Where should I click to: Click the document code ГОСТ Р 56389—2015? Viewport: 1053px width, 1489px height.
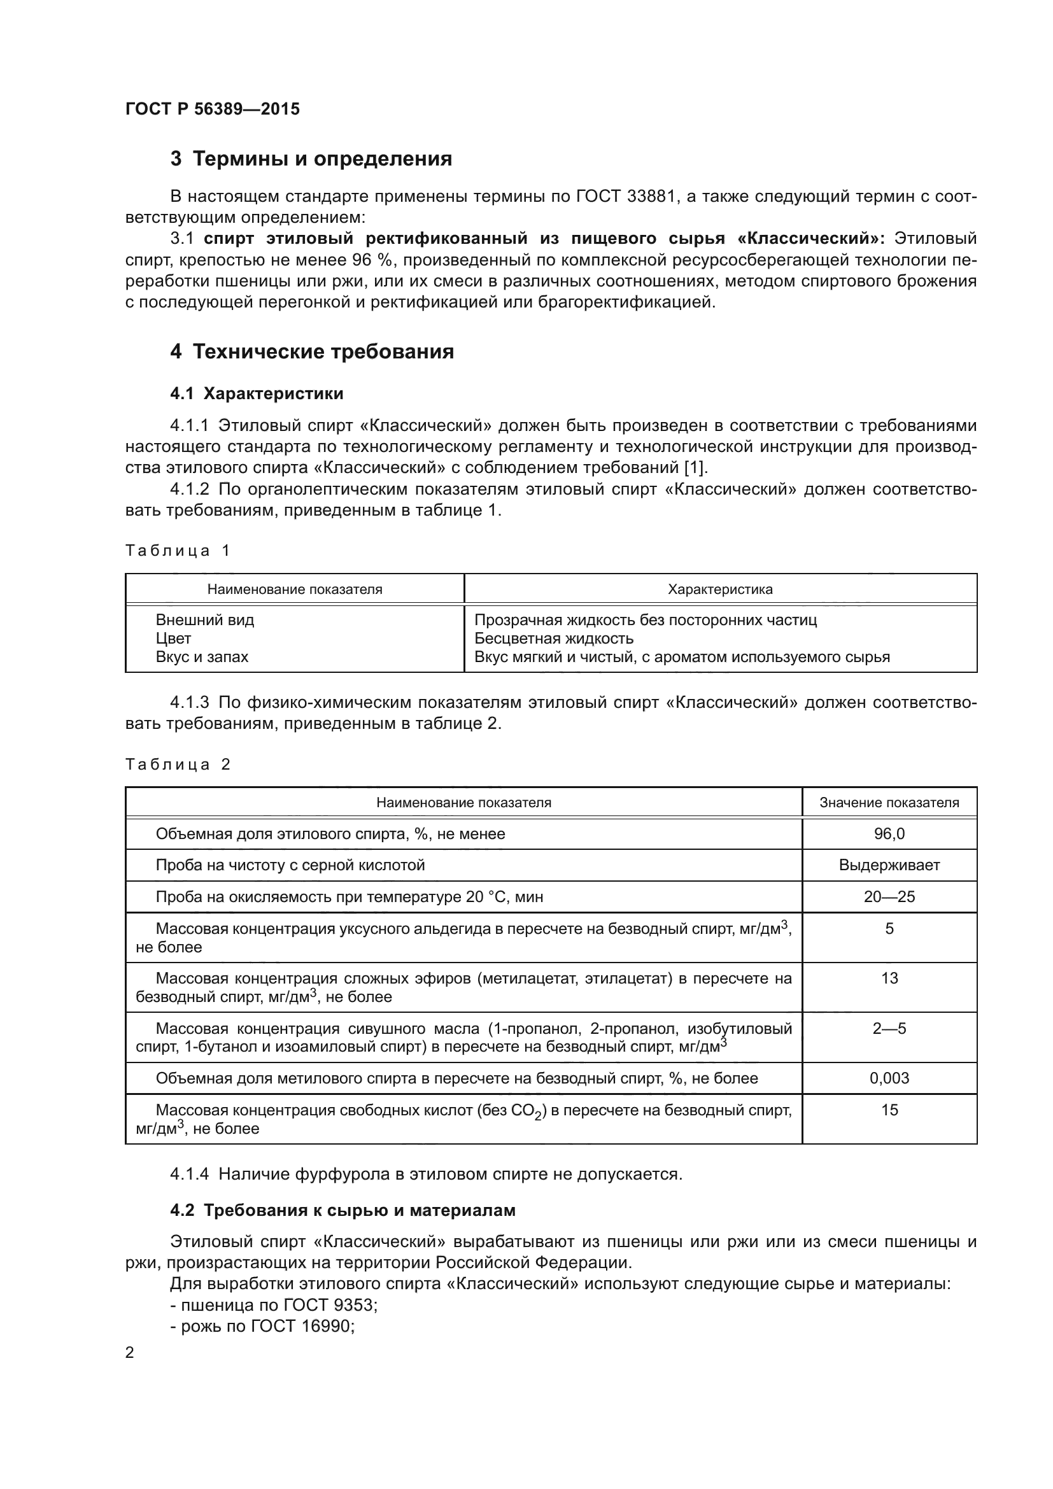pyautogui.click(x=212, y=109)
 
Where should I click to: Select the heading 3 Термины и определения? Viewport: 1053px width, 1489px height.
pyautogui.click(x=311, y=159)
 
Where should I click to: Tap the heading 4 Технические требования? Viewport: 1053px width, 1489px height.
pyautogui.click(x=312, y=351)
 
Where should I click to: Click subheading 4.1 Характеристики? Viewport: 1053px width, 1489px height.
pyautogui.click(x=257, y=393)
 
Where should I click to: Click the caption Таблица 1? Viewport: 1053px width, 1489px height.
pyautogui.click(x=178, y=551)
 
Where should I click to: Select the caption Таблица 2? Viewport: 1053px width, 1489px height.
pyautogui.click(x=178, y=764)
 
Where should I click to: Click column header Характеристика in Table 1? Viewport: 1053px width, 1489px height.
pyautogui.click(x=720, y=589)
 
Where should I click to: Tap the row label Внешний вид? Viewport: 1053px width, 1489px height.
pyautogui.click(x=205, y=620)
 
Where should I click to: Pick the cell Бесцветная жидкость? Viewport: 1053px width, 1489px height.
pyautogui.click(x=554, y=638)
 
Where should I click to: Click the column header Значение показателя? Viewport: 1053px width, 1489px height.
pyautogui.click(x=889, y=803)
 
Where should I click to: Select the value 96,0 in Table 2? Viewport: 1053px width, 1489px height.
pyautogui.click(x=889, y=834)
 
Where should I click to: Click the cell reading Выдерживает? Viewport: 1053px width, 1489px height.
pyautogui.click(x=889, y=865)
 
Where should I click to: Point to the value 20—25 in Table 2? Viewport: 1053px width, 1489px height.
pyautogui.click(x=889, y=897)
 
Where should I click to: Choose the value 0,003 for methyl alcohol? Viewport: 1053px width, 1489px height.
pyautogui.click(x=889, y=1078)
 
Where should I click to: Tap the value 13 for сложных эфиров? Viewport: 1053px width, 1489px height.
pyautogui.click(x=889, y=978)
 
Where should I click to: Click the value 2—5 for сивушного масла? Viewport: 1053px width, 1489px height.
pyautogui.click(x=889, y=1028)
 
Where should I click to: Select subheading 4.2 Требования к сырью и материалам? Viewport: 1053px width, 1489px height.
pyautogui.click(x=343, y=1210)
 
